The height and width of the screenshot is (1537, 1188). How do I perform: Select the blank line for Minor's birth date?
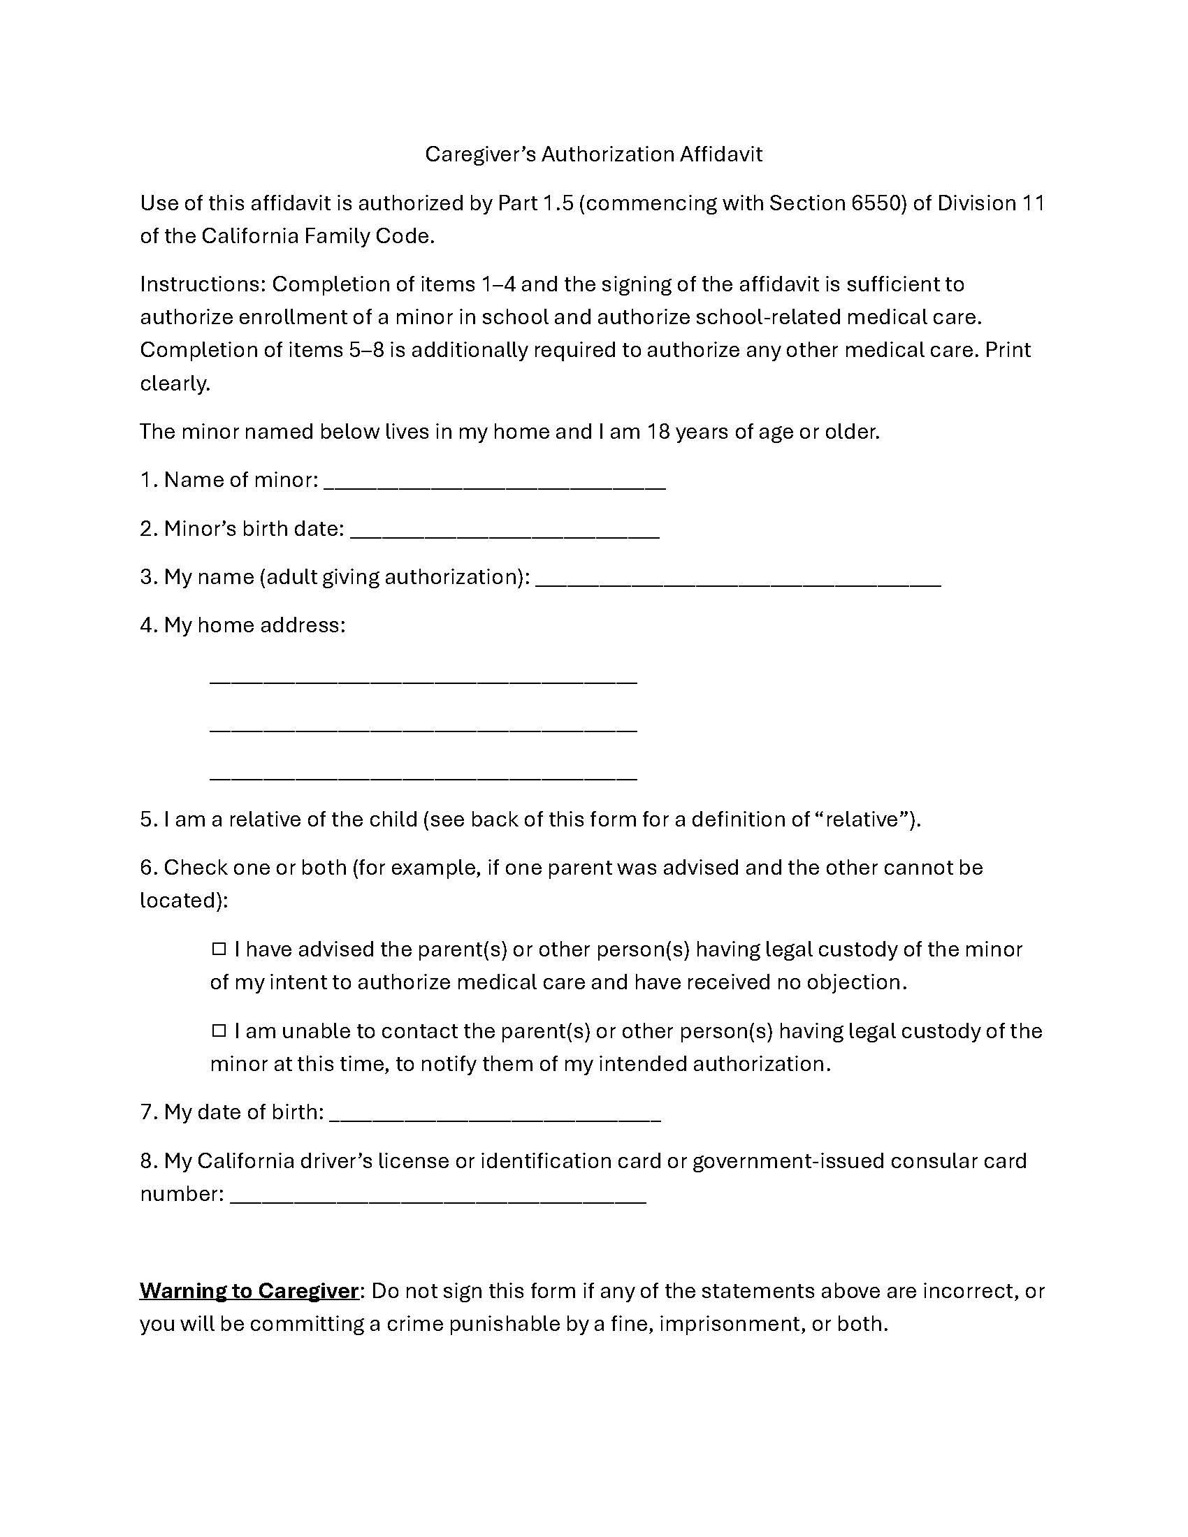[x=505, y=535]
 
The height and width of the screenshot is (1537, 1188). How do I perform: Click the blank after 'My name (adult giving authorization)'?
[x=738, y=583]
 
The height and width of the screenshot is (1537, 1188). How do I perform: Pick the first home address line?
[x=423, y=681]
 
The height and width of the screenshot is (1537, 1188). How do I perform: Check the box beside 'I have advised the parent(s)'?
[x=219, y=949]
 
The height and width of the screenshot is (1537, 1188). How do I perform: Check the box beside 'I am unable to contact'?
[x=219, y=1031]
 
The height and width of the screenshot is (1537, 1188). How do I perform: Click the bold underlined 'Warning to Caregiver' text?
[x=249, y=1290]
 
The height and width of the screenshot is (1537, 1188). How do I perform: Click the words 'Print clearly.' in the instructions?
[x=1007, y=350]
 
